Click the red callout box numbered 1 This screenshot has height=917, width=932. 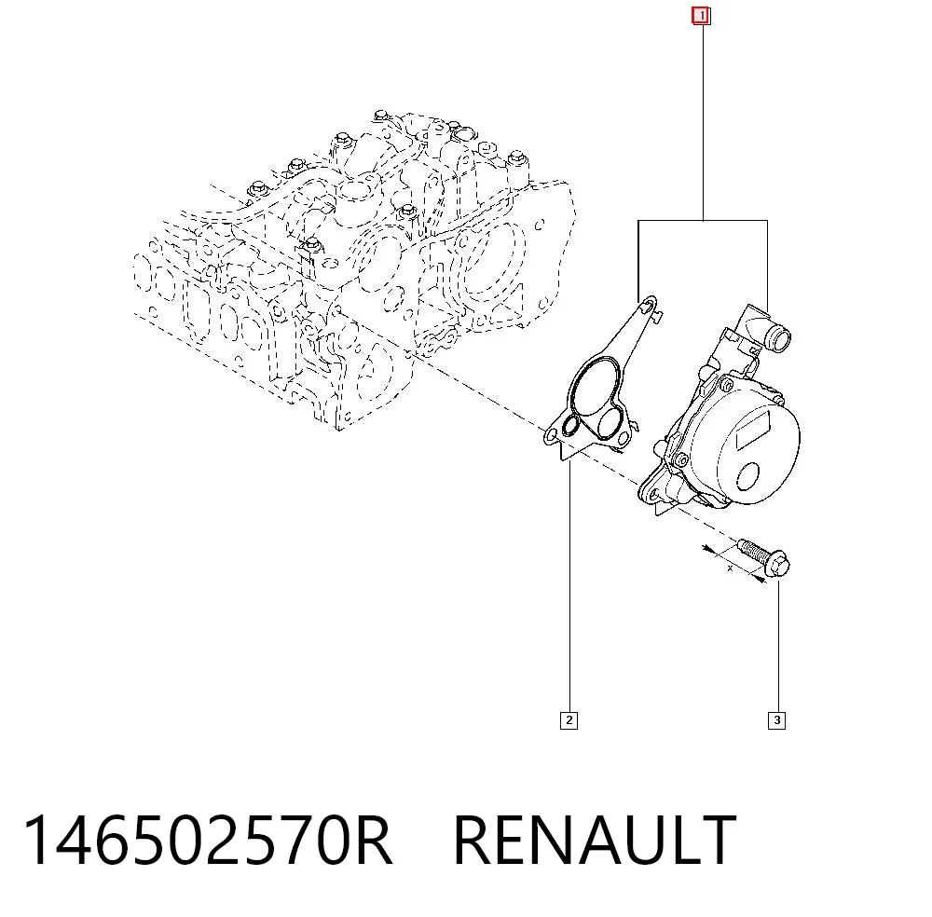tap(702, 16)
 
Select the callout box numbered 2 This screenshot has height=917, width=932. tap(569, 720)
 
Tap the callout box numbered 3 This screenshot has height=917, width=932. tap(776, 720)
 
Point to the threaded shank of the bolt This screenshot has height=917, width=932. tap(754, 552)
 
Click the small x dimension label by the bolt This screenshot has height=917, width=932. tap(731, 568)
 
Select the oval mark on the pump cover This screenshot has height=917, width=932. tap(747, 476)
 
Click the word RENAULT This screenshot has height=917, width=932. tap(595, 840)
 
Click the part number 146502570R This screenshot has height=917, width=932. tap(208, 840)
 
